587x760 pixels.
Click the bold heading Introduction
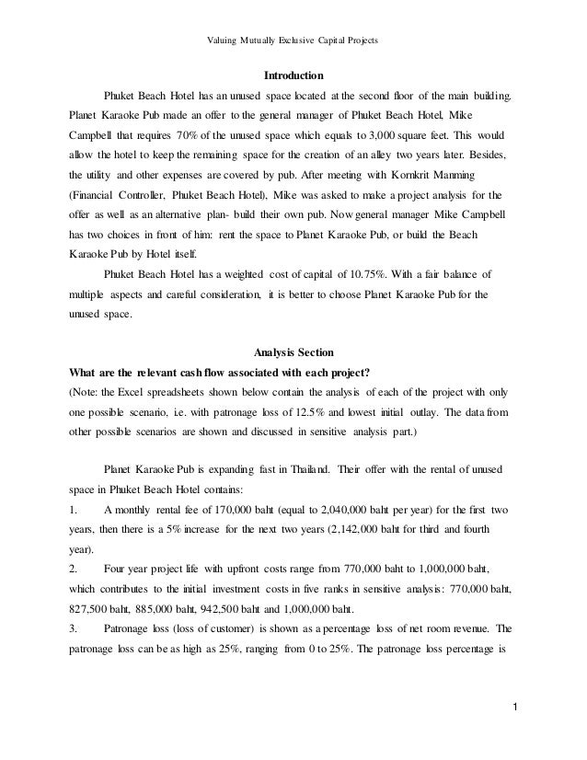point(293,75)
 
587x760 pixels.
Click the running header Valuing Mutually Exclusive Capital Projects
point(293,15)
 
